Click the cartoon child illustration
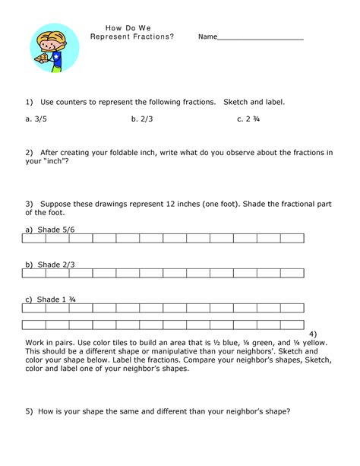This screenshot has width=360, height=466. coord(55,46)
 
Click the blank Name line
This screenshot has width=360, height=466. coord(261,37)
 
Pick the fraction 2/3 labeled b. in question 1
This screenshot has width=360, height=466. coord(148,119)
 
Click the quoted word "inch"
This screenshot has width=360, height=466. coord(58,161)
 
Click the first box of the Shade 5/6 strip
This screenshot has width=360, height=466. coord(34,239)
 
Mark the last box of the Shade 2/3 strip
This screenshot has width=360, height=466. coord(292,274)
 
